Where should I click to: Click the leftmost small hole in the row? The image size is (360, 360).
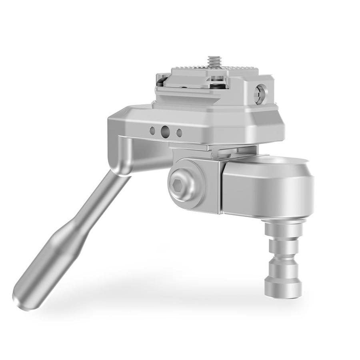(152, 130)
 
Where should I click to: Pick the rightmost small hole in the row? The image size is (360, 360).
(179, 133)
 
